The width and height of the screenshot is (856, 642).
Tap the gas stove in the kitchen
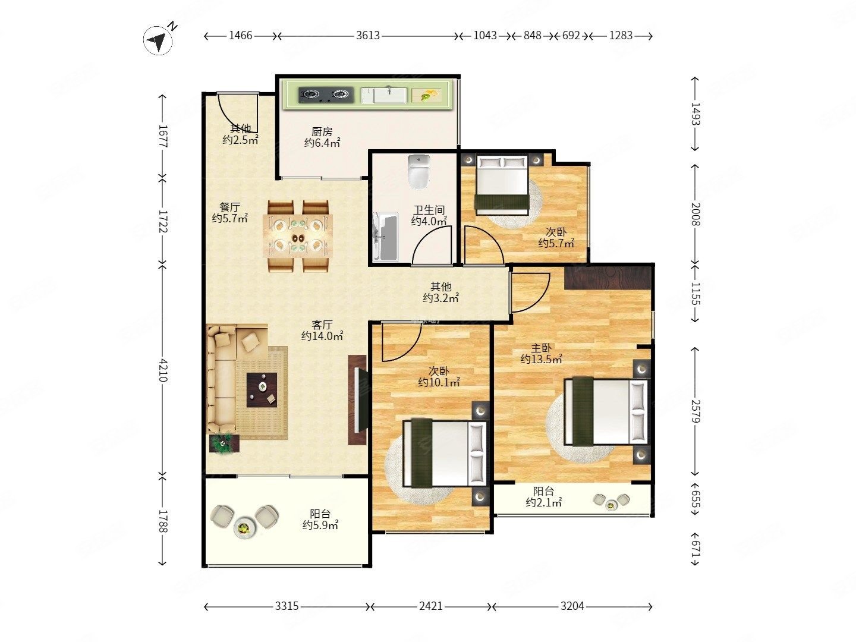tap(326, 95)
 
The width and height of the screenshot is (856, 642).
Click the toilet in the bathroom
tap(419, 172)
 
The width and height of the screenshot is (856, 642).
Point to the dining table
tap(298, 236)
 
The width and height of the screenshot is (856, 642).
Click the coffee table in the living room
tap(262, 390)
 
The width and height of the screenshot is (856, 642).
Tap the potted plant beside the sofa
tap(224, 443)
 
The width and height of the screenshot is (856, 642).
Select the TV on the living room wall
tap(358, 399)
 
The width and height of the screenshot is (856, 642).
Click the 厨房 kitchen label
tap(322, 132)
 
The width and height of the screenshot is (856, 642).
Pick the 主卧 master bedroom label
tap(541, 348)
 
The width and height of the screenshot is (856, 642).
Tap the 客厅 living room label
tap(322, 325)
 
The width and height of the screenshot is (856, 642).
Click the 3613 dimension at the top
tap(368, 36)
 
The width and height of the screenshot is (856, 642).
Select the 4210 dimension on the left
tap(163, 370)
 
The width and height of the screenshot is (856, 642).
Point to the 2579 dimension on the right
tap(695, 411)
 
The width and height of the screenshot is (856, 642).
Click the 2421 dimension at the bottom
tap(431, 606)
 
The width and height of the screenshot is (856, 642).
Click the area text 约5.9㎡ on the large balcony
tap(320, 525)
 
